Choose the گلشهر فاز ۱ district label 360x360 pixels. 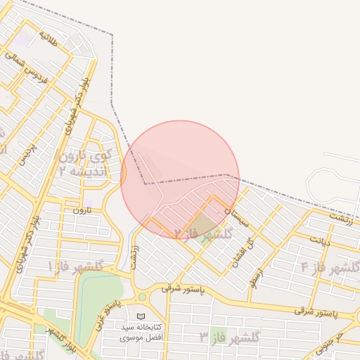pyautogui.click(x=75, y=266)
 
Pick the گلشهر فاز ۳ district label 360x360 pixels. pyautogui.click(x=230, y=337)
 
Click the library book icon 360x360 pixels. pyautogui.click(x=141, y=317)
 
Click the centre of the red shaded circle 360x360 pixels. pyautogui.click(x=180, y=180)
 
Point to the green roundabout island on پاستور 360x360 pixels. pyautogui.click(x=143, y=297)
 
